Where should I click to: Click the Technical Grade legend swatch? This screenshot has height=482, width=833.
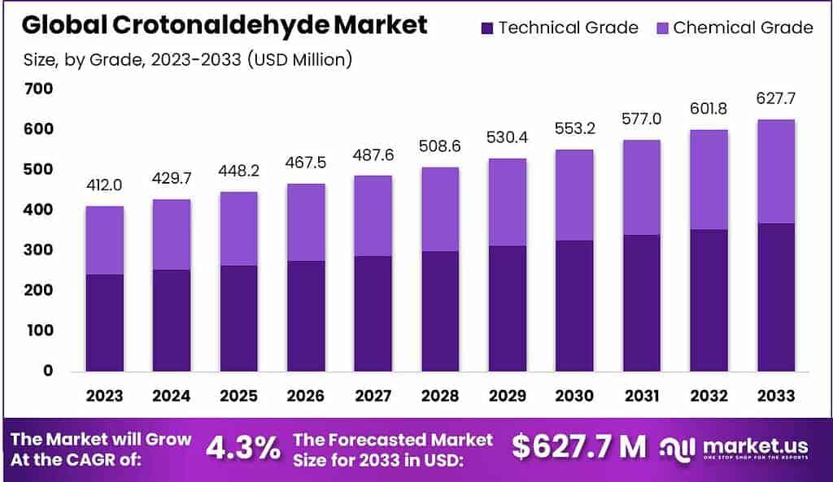pyautogui.click(x=486, y=28)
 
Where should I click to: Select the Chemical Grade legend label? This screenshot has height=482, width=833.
pyautogui.click(x=742, y=28)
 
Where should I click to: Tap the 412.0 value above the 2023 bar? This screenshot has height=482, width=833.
pyautogui.click(x=104, y=185)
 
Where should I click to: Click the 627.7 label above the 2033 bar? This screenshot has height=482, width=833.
pyautogui.click(x=775, y=98)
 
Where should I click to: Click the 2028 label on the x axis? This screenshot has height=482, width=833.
pyautogui.click(x=439, y=396)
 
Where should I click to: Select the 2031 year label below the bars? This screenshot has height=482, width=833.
pyautogui.click(x=641, y=396)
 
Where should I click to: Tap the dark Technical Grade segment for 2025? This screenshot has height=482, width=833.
pyautogui.click(x=238, y=317)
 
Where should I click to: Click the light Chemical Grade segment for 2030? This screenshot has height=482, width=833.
pyautogui.click(x=574, y=195)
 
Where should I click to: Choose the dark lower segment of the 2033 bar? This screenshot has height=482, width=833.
pyautogui.click(x=775, y=297)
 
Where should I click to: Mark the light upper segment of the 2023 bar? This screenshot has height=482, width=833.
pyautogui.click(x=104, y=241)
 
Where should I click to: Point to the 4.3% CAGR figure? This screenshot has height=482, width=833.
pyautogui.click(x=242, y=447)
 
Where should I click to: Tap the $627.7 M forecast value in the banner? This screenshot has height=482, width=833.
pyautogui.click(x=579, y=446)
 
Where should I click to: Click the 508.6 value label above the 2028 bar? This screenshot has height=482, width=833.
pyautogui.click(x=439, y=147)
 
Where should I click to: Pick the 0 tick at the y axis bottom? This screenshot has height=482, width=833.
pyautogui.click(x=48, y=371)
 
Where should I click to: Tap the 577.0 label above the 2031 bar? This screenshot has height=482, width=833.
pyautogui.click(x=641, y=119)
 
